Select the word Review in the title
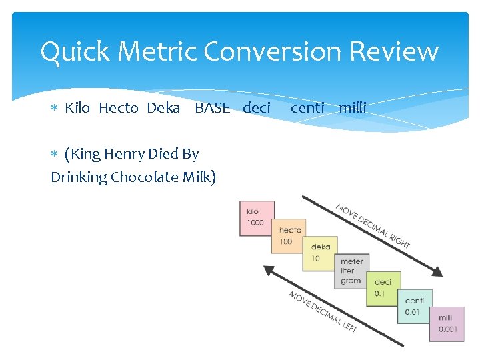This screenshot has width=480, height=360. [397, 51]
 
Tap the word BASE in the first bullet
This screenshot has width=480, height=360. [212, 107]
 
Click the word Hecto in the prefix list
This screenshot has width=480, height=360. [119, 107]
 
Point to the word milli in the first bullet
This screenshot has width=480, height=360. [353, 107]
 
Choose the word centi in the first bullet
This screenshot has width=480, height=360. [307, 107]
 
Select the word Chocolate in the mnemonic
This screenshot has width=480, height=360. [142, 177]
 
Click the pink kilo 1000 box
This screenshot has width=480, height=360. [256, 218]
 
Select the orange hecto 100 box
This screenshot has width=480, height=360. [289, 235]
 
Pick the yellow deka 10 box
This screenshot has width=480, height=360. [320, 253]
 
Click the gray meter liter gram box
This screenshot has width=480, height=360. [351, 271]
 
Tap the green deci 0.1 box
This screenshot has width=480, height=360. [383, 289]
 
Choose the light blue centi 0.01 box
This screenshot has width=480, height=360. [414, 306]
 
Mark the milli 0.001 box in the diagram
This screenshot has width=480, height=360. [446, 324]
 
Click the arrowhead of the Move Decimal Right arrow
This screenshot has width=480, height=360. [436, 272]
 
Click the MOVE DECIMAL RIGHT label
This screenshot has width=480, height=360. [373, 225]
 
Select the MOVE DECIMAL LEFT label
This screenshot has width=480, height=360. [323, 312]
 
